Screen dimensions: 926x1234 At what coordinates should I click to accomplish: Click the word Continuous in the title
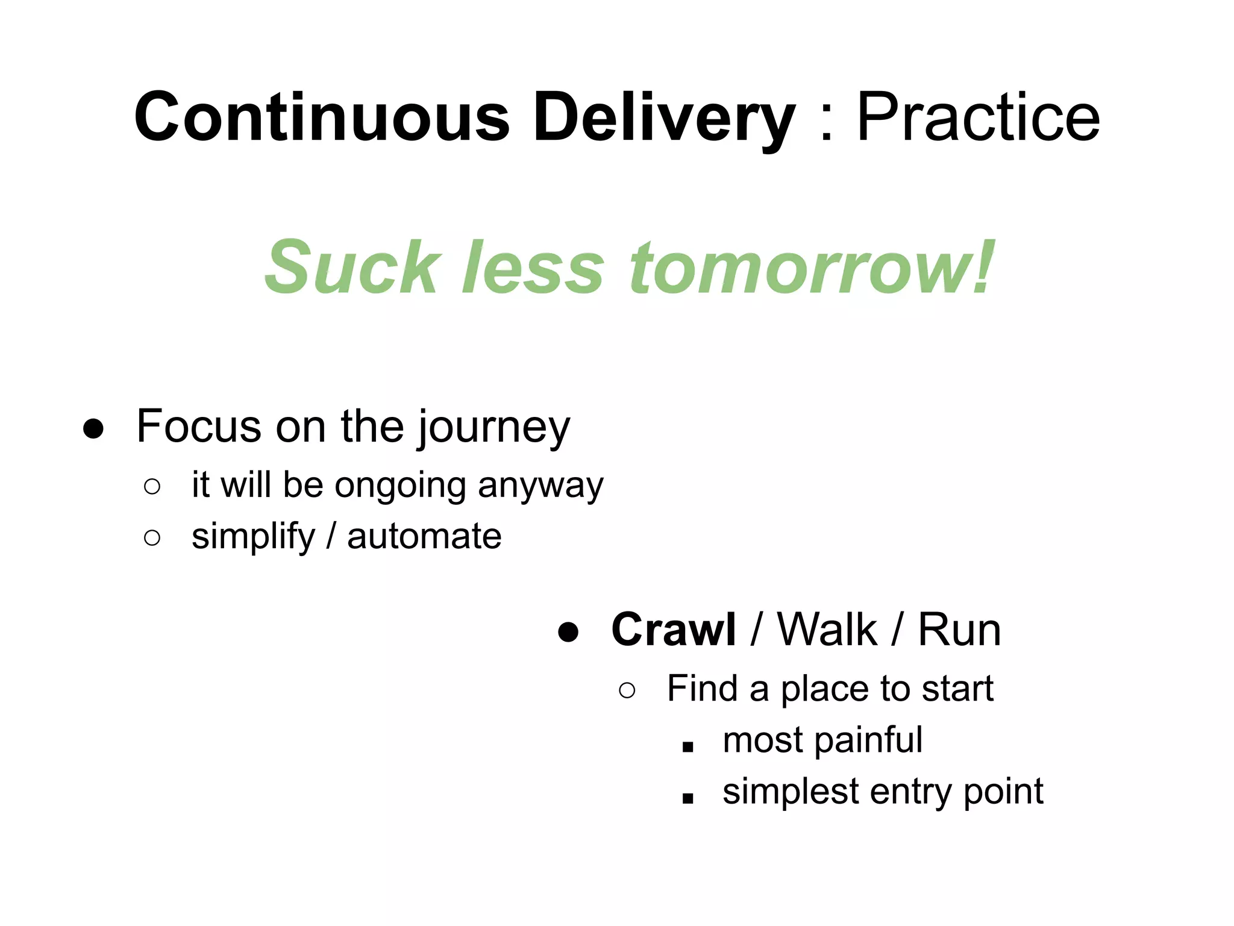[322, 117]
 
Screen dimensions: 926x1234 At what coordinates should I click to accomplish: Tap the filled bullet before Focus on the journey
[93, 430]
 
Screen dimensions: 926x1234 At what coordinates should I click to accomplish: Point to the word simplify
[253, 537]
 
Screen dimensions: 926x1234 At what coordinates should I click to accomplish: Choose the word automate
[424, 536]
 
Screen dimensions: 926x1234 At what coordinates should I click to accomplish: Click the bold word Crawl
[673, 630]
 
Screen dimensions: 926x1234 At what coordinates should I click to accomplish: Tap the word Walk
[827, 630]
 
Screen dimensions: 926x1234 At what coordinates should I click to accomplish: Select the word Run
[959, 630]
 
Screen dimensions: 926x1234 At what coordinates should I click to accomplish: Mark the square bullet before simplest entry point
[688, 799]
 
